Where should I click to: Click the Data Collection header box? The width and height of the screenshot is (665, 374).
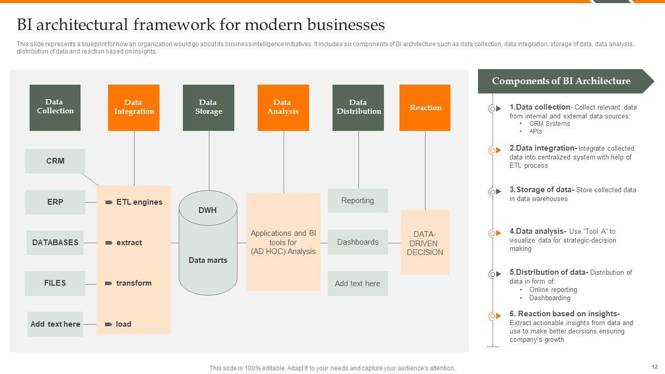pos(55,108)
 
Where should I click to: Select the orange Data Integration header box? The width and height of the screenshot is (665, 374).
pos(134,108)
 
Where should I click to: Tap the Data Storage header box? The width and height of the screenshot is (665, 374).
pos(208,108)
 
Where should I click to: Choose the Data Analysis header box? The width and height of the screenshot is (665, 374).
pos(283,108)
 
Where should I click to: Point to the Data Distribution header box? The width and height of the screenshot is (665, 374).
pos(358,108)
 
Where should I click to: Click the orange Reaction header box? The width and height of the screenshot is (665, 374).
pos(425,108)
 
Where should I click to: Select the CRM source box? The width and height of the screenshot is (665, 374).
pos(55,161)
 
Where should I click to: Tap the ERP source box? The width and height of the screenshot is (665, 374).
pos(55,202)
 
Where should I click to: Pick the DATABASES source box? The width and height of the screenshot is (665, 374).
pos(55,243)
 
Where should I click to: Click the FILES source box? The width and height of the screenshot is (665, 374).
pos(55,283)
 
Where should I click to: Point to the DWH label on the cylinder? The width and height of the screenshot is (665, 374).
pos(207,210)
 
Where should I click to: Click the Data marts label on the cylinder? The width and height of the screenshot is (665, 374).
pos(208,260)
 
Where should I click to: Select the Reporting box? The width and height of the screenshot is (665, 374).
pos(358,201)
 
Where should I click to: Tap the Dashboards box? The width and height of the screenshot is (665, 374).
pos(358,242)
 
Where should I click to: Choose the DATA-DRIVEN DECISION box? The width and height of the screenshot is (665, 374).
pos(425,243)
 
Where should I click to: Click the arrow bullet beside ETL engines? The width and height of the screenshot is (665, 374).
pos(109,202)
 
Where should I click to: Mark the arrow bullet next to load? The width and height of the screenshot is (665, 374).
pos(109,324)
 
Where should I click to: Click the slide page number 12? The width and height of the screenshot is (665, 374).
pos(655,367)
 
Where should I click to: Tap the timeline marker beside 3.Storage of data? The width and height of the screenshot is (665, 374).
pos(495,192)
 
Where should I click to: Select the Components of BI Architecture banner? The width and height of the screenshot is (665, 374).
pos(566,81)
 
